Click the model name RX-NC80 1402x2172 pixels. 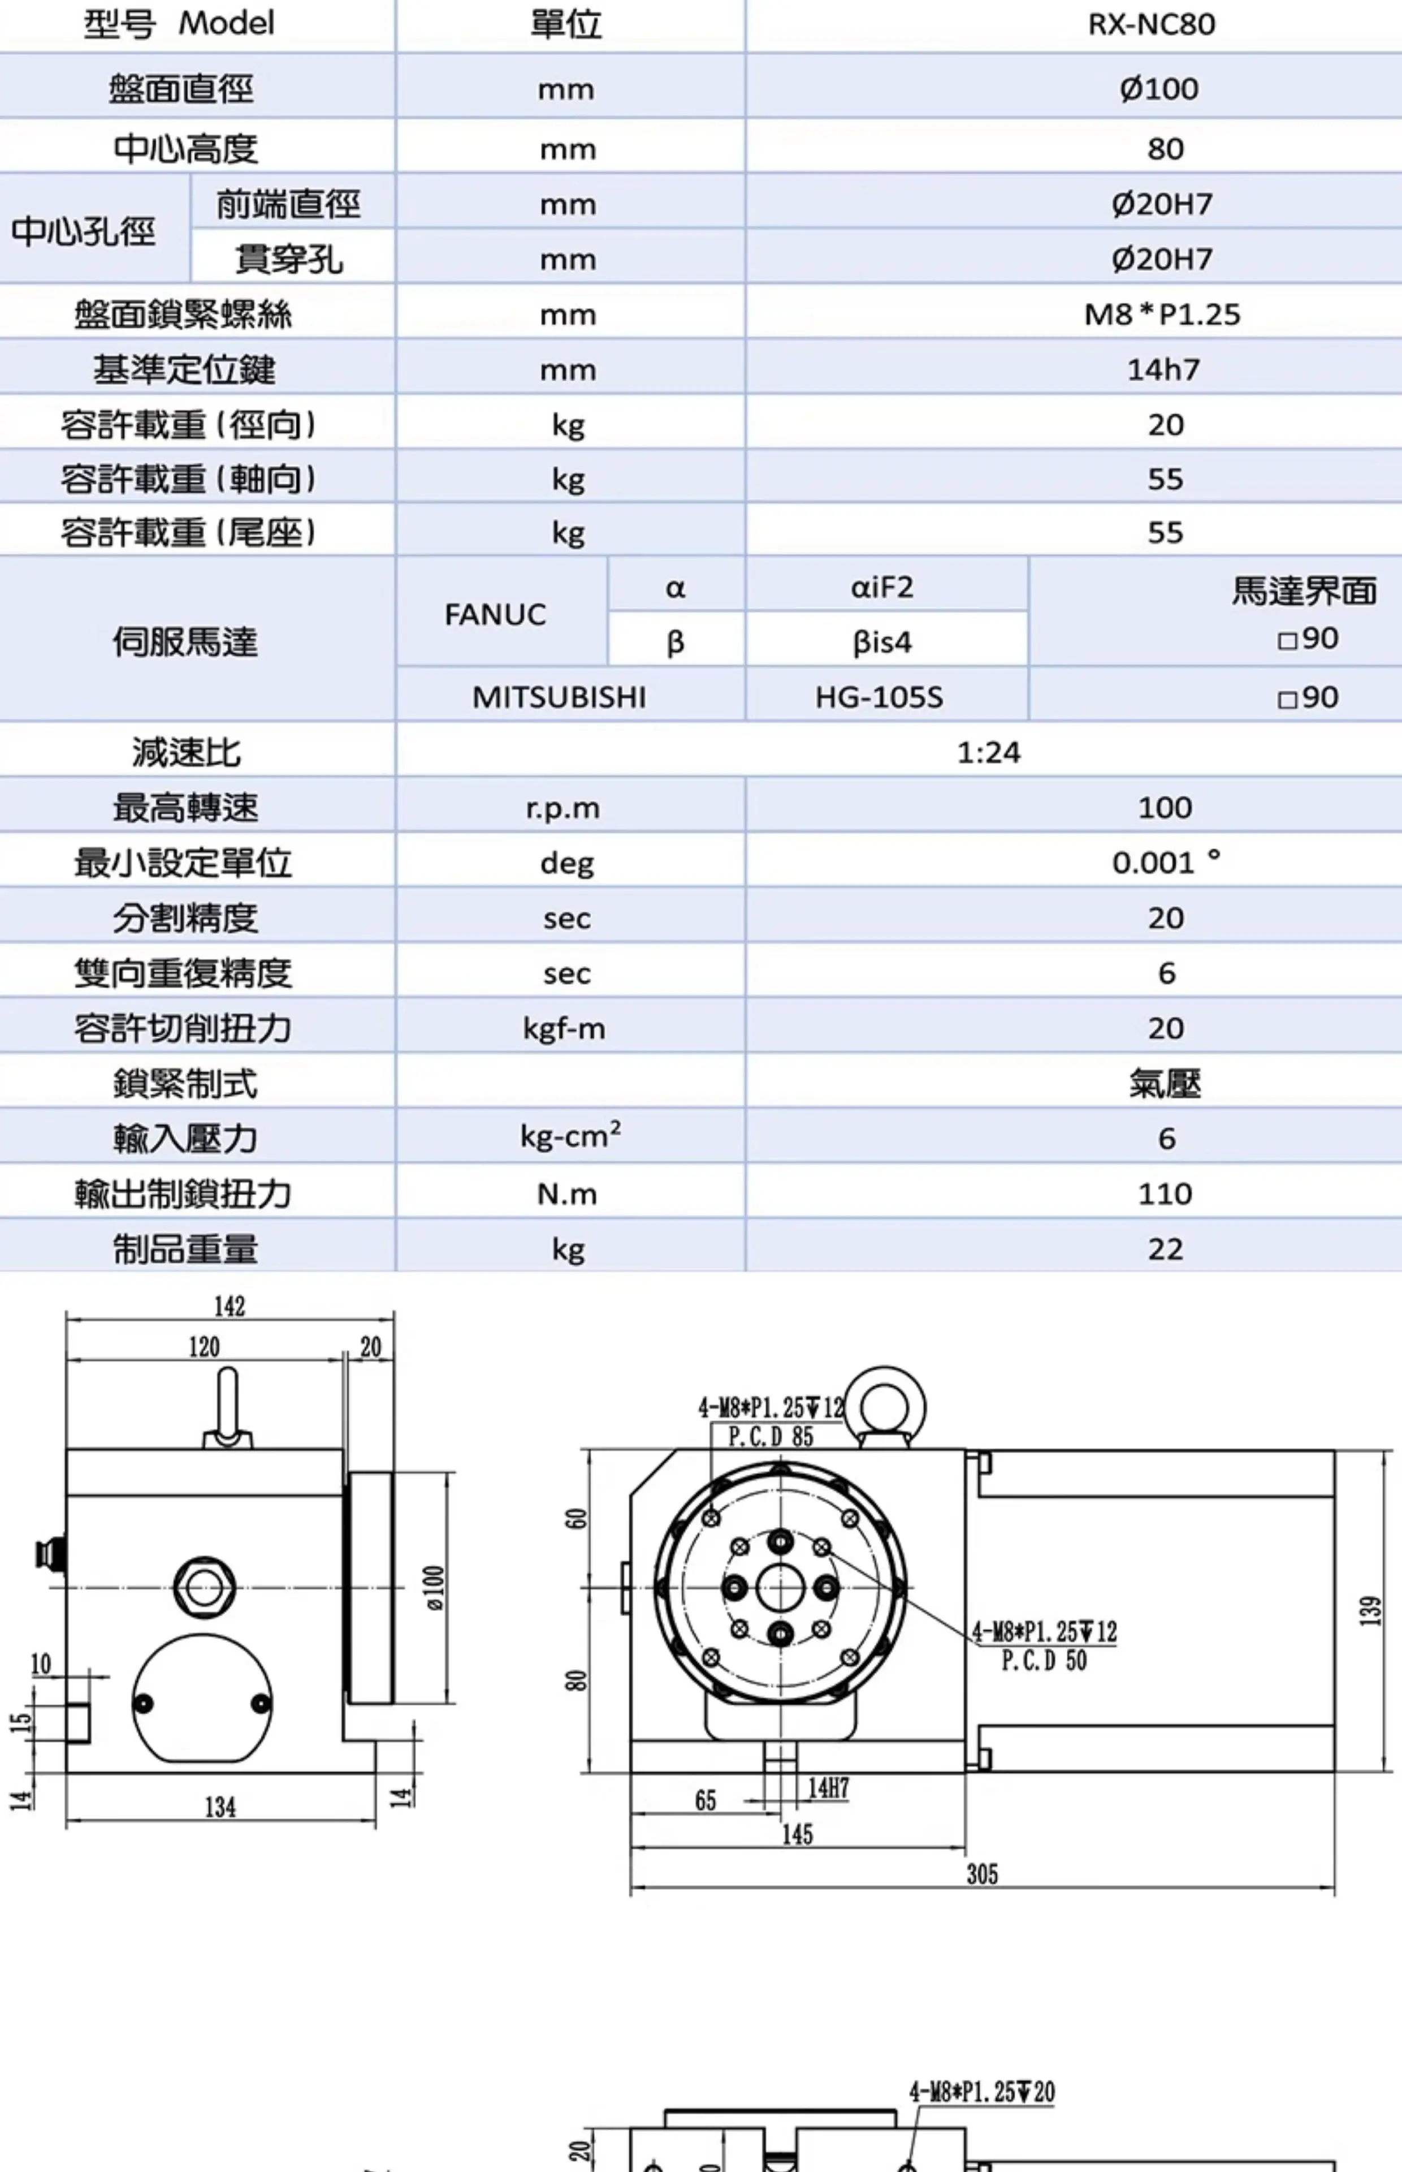click(x=1151, y=24)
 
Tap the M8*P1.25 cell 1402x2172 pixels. click(x=1162, y=314)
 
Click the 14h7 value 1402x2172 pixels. click(x=1163, y=370)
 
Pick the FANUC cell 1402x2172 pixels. click(x=495, y=615)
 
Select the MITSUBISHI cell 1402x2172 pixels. click(x=559, y=697)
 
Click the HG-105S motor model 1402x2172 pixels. click(x=879, y=697)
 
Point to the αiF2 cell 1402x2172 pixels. click(x=881, y=587)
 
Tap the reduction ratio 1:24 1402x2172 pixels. click(x=989, y=752)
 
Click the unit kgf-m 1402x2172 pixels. click(x=564, y=1029)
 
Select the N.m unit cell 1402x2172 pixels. click(x=566, y=1194)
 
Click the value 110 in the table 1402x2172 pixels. click(x=1165, y=1194)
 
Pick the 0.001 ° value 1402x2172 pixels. click(x=1165, y=863)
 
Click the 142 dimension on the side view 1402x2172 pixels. click(x=230, y=1306)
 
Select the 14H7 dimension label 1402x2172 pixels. click(x=828, y=1788)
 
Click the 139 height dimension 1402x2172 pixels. click(x=1370, y=1611)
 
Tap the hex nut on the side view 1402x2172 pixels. click(x=204, y=1587)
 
